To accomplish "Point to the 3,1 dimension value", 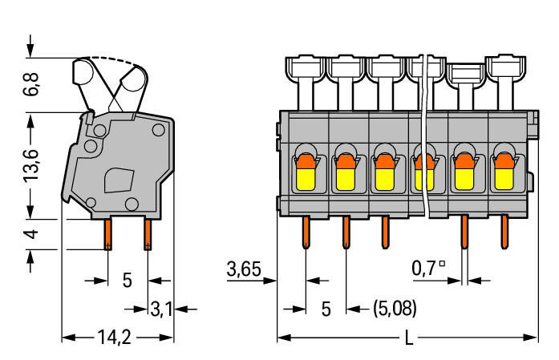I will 161,307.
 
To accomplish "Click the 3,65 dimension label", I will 244,269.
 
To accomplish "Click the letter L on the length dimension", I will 409,338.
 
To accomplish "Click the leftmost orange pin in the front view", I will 306,233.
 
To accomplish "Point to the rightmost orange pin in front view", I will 504,233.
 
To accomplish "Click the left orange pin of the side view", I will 108,234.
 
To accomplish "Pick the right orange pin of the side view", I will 148,234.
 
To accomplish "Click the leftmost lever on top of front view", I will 305,76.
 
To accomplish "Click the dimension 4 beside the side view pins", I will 31,236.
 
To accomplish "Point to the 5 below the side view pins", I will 127,281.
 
